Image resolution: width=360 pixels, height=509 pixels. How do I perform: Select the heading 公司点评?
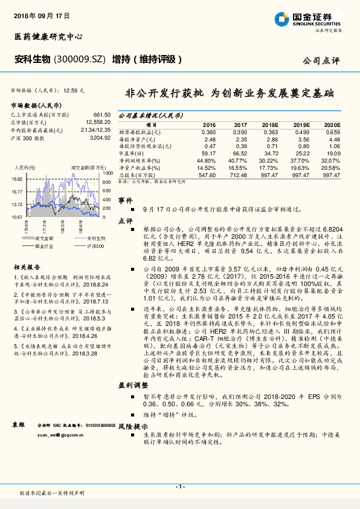tap(322, 60)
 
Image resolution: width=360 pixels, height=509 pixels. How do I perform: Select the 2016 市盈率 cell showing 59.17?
tap(208, 153)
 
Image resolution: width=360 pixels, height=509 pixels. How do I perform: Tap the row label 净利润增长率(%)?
tap(140, 160)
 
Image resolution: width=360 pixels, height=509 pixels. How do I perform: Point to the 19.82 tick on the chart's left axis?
tap(17, 180)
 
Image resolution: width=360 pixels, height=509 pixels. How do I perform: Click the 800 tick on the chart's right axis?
tap(106, 182)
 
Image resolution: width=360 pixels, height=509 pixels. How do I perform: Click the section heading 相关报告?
tap(27, 267)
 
